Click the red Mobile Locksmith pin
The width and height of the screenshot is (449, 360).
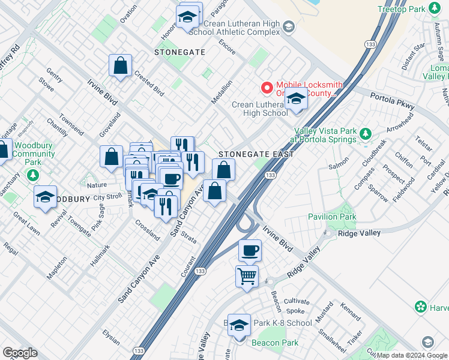[266, 88]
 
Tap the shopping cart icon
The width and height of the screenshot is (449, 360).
[247, 277]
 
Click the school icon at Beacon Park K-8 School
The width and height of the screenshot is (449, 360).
[239, 326]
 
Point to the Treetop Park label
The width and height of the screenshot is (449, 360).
[401, 9]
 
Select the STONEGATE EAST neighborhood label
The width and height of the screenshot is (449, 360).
[256, 154]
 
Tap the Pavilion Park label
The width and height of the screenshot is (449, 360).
[331, 217]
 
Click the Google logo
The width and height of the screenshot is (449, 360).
[20, 353]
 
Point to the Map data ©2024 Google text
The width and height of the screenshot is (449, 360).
[412, 355]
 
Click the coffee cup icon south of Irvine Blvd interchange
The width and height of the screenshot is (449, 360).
[250, 250]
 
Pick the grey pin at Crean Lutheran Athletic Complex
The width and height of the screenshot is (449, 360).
[289, 26]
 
